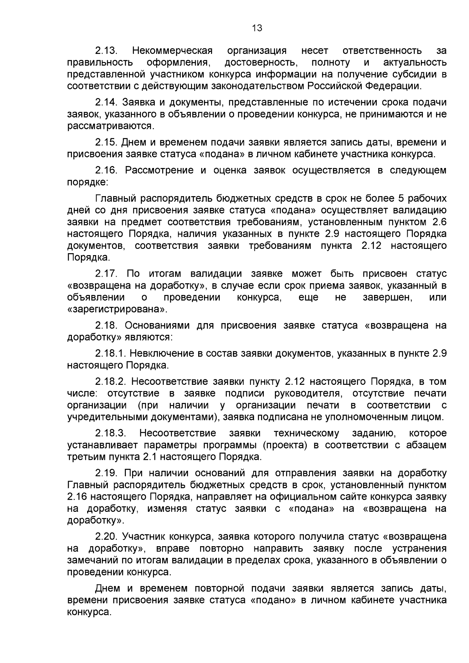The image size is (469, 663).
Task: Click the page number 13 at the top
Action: [257, 28]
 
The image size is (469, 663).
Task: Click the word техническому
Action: [306, 433]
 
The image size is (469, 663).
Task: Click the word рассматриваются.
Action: [111, 126]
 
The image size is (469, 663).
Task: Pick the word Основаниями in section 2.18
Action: [156, 325]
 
